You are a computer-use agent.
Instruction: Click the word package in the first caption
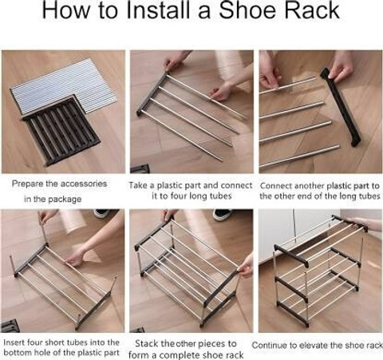[x=65, y=200]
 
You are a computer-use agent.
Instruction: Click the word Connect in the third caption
[x=275, y=186]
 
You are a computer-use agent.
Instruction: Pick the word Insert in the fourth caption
[x=14, y=342]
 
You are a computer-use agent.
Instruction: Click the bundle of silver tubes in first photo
[x=64, y=85]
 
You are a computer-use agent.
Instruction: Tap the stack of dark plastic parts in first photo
[x=61, y=130]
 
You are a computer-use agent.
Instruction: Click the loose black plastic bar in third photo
[x=341, y=106]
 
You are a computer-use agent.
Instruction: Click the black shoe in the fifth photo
[x=223, y=214]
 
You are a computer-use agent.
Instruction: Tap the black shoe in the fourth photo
[x=102, y=213]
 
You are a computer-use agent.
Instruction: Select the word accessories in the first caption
[x=84, y=184]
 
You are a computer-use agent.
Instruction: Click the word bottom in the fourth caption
[x=18, y=353]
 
